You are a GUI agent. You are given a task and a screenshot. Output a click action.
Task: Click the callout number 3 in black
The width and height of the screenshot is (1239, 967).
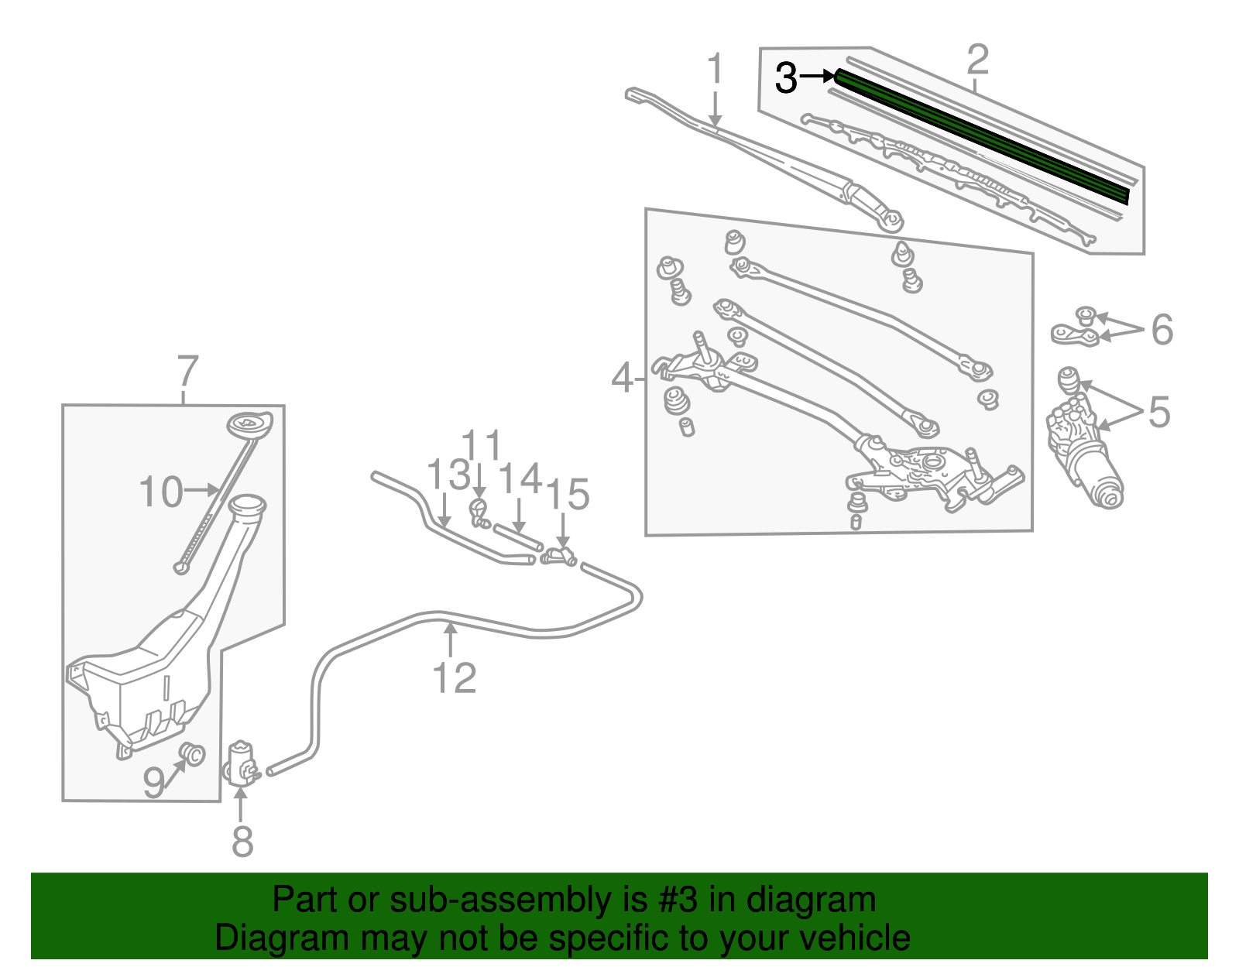(786, 77)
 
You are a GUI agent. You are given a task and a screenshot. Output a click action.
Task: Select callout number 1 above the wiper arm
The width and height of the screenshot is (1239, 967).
(715, 70)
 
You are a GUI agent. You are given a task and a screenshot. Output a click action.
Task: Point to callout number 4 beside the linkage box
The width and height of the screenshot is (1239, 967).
(623, 379)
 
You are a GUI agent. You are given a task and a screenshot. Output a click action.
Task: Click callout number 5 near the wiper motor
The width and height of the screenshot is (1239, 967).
(1158, 412)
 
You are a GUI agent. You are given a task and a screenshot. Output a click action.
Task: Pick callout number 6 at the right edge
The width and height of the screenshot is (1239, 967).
(1162, 330)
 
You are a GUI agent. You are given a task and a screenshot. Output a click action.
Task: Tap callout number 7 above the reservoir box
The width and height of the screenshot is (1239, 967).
(187, 372)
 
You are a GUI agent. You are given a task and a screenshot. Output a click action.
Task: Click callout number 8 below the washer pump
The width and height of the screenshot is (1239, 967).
(242, 842)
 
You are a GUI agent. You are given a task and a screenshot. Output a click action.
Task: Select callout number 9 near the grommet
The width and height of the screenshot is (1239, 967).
(154, 783)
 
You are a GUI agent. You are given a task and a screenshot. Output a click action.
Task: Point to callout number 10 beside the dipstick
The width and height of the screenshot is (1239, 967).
(161, 492)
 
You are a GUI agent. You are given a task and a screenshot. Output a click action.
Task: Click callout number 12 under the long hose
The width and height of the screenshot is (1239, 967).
(454, 678)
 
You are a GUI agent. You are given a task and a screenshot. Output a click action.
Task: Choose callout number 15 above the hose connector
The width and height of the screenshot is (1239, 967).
(568, 494)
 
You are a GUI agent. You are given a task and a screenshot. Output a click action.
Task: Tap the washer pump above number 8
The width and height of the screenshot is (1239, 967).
(241, 763)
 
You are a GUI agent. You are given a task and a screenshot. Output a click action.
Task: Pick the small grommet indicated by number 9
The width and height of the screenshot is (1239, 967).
(192, 753)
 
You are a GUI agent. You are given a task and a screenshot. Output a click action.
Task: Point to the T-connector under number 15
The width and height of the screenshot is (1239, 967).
(560, 555)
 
